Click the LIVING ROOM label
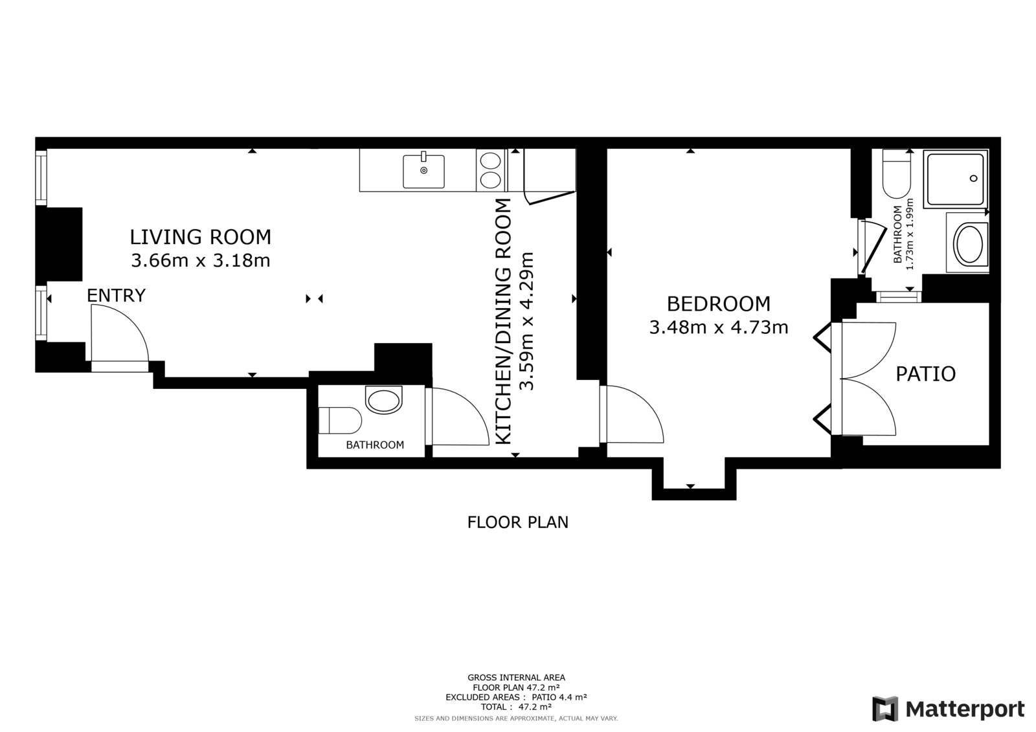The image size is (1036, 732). pyautogui.click(x=200, y=238)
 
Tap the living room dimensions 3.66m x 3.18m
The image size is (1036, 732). pyautogui.click(x=200, y=260)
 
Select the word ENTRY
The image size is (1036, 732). pyautogui.click(x=116, y=296)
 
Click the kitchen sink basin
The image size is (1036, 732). pyautogui.click(x=423, y=172)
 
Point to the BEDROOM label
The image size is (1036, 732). pyautogui.click(x=719, y=304)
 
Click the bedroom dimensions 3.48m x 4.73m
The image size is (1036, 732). pyautogui.click(x=719, y=327)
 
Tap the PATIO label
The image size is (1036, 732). pyautogui.click(x=925, y=374)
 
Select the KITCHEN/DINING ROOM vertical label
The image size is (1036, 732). pyautogui.click(x=504, y=322)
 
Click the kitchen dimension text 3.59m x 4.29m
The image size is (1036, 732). pyautogui.click(x=526, y=322)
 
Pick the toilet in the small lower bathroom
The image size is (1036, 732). pyautogui.click(x=340, y=420)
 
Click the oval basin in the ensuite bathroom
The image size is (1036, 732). pyautogui.click(x=969, y=245)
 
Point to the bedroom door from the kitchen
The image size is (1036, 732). pyautogui.click(x=632, y=414)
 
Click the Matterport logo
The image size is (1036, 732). pyautogui.click(x=949, y=709)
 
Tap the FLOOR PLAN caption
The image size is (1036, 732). pyautogui.click(x=517, y=522)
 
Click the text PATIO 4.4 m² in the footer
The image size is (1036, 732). pyautogui.click(x=559, y=697)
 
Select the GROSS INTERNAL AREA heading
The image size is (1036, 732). pyautogui.click(x=516, y=678)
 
